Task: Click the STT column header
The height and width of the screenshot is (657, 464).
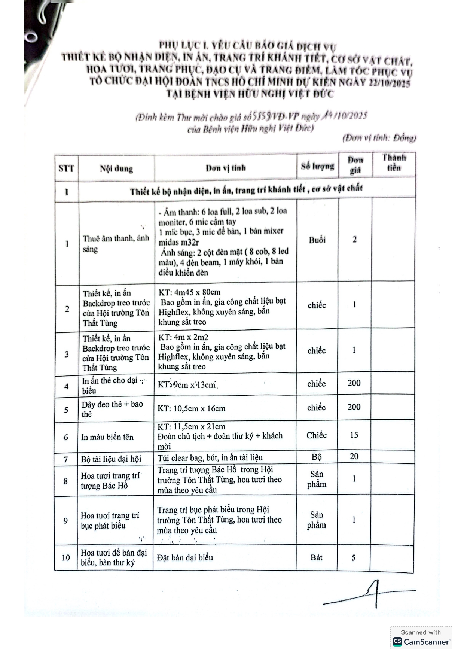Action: tap(66, 168)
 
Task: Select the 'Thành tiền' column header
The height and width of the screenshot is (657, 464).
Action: tap(394, 163)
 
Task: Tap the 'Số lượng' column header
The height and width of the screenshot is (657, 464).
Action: tap(317, 166)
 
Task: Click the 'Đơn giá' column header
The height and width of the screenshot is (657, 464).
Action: tap(355, 165)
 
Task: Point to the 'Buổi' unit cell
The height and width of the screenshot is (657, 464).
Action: tap(317, 240)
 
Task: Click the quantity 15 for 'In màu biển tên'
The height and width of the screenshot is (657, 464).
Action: tap(354, 435)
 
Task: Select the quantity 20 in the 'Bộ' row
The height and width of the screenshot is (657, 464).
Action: tap(354, 456)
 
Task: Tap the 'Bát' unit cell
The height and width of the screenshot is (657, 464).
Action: tap(316, 557)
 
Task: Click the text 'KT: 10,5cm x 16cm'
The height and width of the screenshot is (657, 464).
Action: tap(192, 408)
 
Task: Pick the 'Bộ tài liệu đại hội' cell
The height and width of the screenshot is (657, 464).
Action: tap(111, 459)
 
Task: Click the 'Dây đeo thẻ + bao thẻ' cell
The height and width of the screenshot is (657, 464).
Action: tap(112, 409)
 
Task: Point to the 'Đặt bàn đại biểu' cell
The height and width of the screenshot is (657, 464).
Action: tap(185, 557)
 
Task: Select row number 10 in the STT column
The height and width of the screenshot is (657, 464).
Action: tap(66, 558)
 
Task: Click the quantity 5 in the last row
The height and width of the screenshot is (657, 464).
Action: tap(354, 558)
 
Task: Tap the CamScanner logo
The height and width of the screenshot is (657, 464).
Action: tap(421, 641)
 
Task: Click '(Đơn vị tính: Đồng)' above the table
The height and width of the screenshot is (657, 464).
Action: tap(379, 138)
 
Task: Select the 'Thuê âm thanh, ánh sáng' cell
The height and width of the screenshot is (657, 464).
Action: tap(116, 244)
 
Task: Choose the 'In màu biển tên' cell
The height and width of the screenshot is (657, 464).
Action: tap(107, 437)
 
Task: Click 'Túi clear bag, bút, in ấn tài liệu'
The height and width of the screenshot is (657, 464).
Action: tap(210, 457)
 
